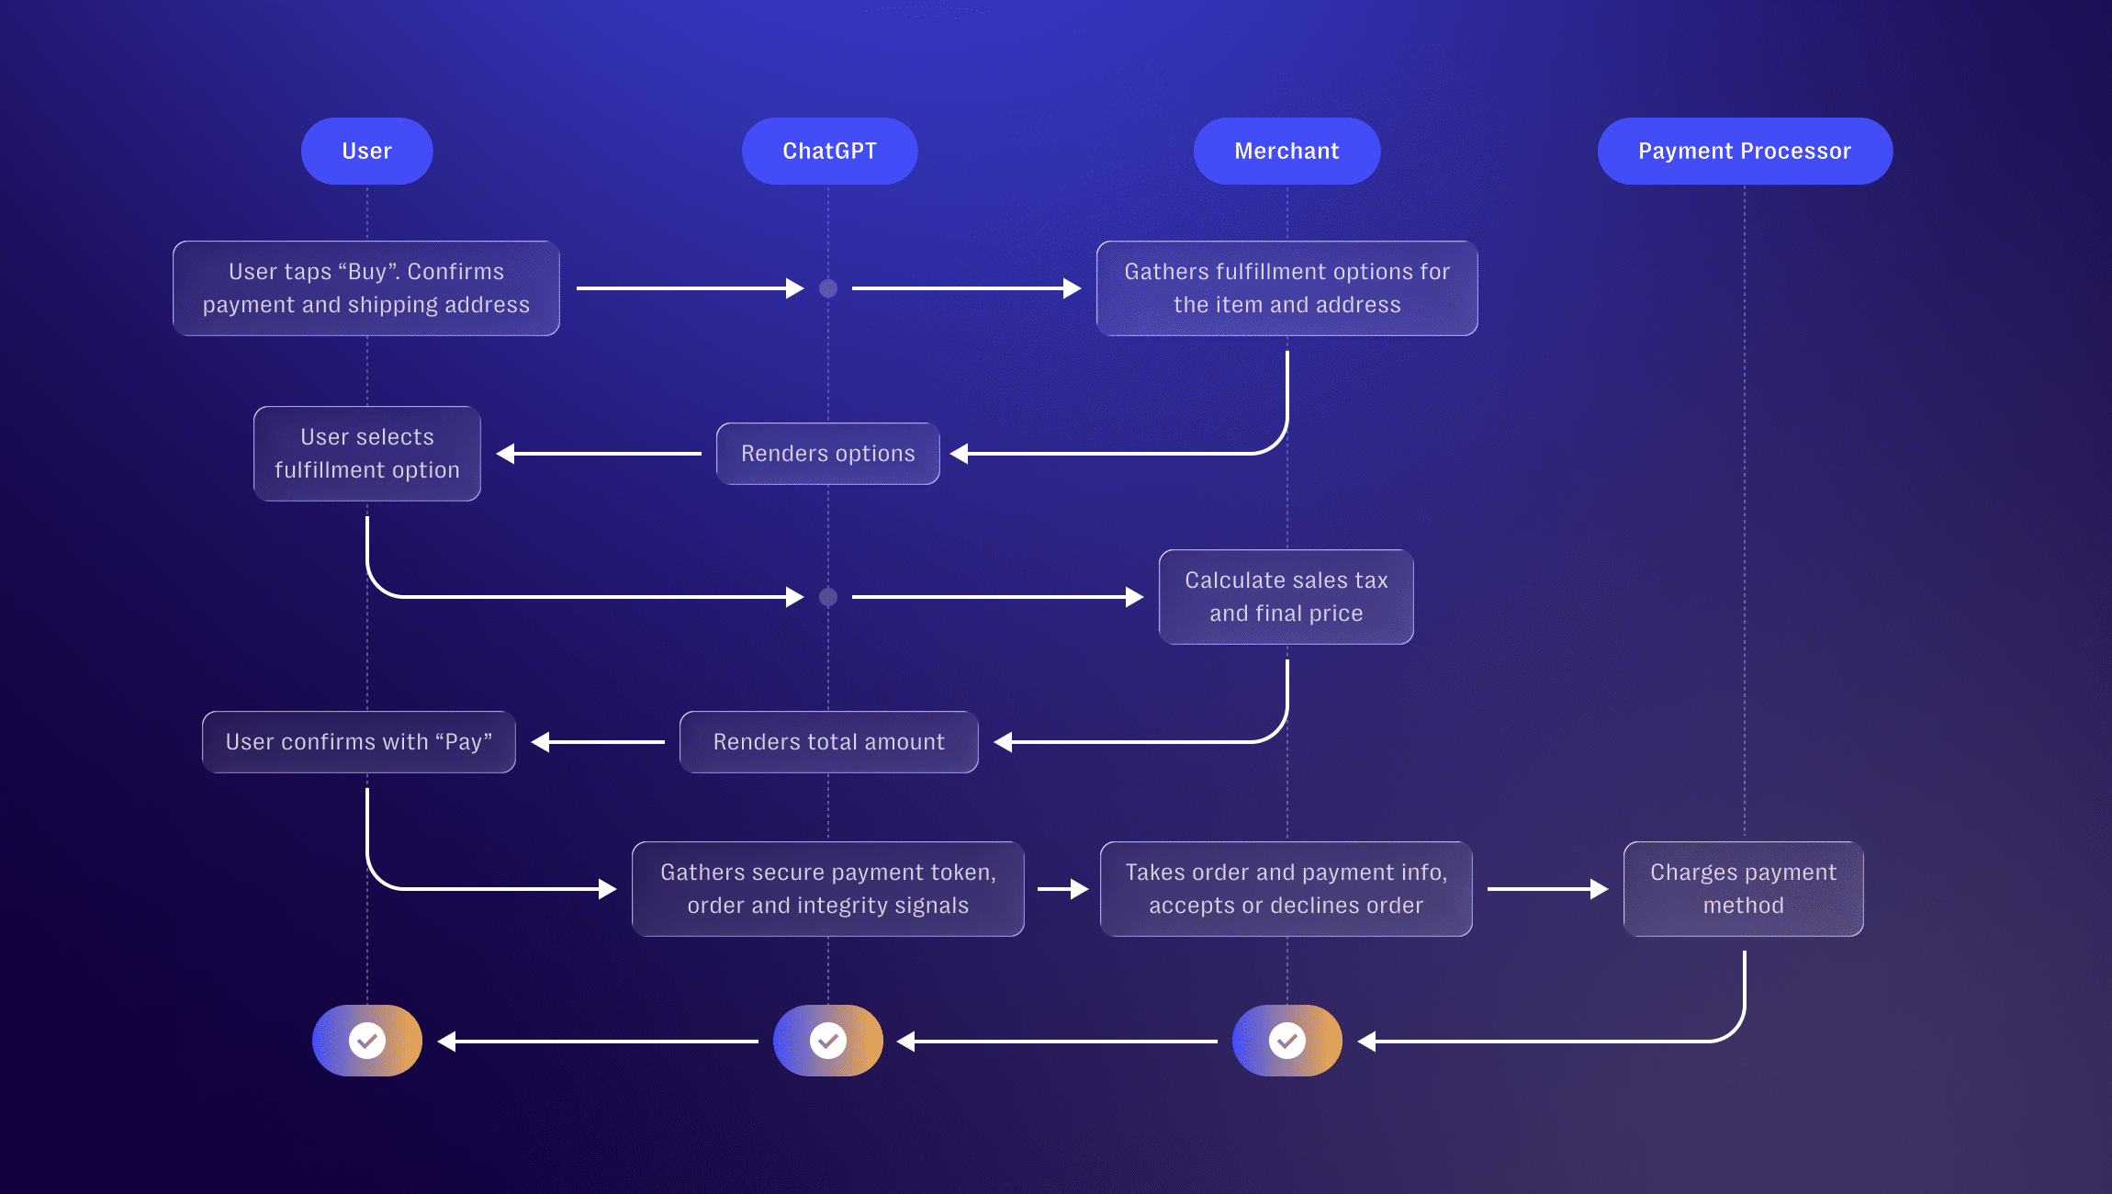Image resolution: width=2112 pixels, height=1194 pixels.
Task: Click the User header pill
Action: [x=366, y=151]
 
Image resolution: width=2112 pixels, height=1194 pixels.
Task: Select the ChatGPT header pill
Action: [x=829, y=151]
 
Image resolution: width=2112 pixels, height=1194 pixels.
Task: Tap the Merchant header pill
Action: [x=1286, y=151]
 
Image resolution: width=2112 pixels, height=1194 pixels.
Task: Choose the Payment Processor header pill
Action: [x=1744, y=151]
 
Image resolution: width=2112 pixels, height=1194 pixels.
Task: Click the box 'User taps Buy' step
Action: [x=366, y=288]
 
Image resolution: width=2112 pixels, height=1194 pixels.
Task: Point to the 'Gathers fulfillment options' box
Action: [x=1286, y=288]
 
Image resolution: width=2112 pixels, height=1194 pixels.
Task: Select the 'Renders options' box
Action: [x=827, y=454]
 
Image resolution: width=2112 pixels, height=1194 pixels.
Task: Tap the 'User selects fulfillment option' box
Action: [x=366, y=454]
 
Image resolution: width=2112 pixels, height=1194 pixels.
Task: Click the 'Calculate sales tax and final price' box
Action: [x=1286, y=597]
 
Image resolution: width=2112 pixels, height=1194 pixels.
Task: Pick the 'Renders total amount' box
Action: [x=828, y=742]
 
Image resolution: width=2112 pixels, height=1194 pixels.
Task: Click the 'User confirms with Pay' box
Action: [x=359, y=742]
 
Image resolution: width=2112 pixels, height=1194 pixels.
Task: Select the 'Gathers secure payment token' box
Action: [x=827, y=889]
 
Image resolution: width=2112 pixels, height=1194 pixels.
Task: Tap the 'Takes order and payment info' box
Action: [x=1286, y=889]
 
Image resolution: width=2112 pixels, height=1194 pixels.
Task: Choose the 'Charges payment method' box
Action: [x=1743, y=889]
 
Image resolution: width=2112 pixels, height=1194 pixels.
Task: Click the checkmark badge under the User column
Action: [x=367, y=1041]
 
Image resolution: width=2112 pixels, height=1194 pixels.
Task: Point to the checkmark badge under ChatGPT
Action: [x=828, y=1041]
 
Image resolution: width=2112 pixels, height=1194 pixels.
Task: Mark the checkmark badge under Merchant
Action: [x=1287, y=1041]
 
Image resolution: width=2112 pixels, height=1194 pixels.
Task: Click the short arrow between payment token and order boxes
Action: [x=1062, y=889]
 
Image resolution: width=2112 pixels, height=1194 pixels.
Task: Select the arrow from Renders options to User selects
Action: [x=599, y=454]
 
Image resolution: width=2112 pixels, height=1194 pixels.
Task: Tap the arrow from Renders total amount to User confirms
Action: [x=598, y=742]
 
